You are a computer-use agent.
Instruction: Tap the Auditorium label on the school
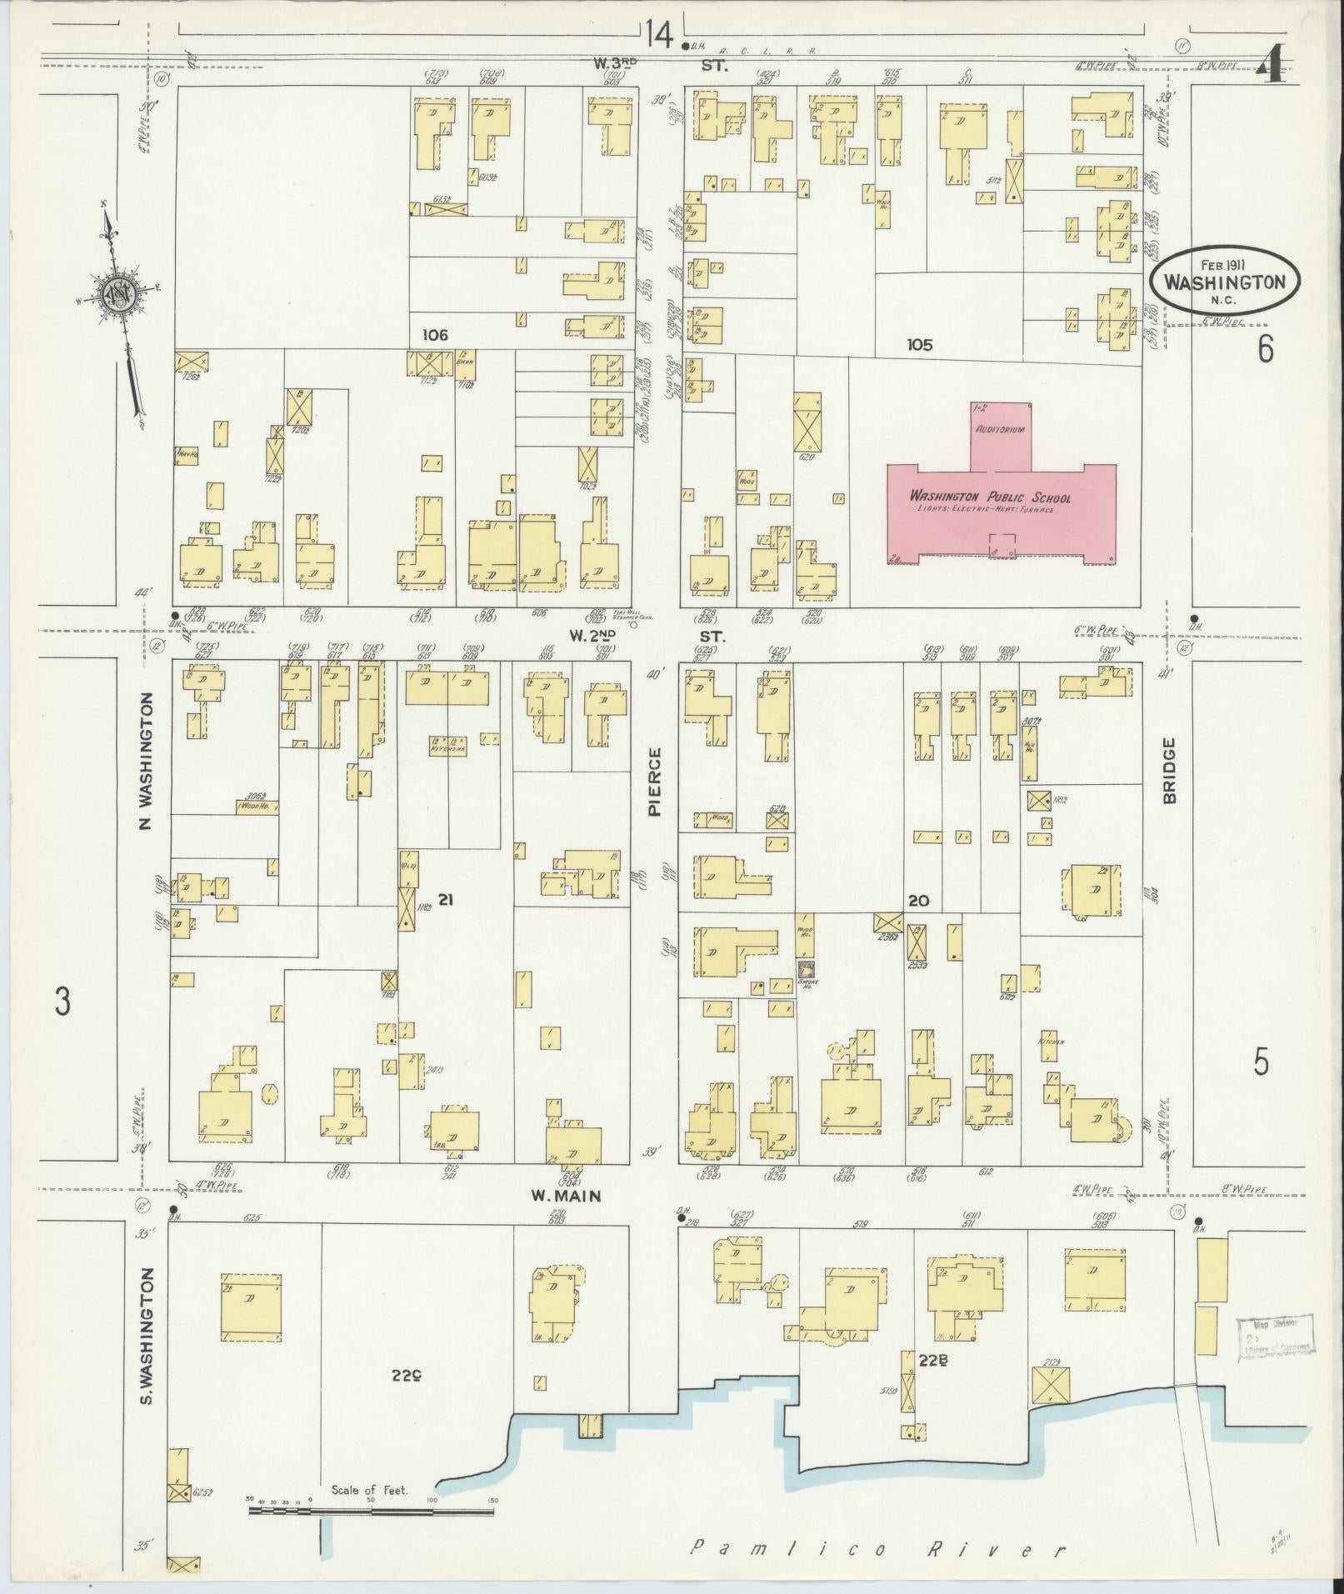tap(1000, 428)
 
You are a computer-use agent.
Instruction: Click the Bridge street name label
tap(1169, 771)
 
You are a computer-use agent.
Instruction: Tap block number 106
tap(435, 335)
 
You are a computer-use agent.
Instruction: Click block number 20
tap(918, 901)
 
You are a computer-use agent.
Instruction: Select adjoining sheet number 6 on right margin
tap(1265, 350)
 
